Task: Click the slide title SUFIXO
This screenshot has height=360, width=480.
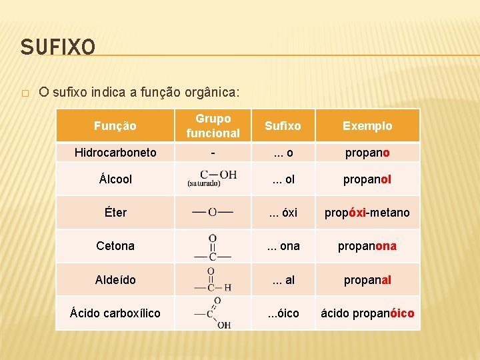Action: (x=58, y=47)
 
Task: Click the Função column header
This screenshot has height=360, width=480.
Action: (x=115, y=125)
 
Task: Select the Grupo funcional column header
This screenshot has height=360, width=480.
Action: (x=213, y=125)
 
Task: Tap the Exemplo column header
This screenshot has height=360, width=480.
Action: (x=367, y=125)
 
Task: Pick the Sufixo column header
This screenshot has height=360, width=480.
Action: (x=283, y=125)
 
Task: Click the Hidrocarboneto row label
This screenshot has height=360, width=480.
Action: (x=115, y=152)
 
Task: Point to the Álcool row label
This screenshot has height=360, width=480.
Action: (x=115, y=179)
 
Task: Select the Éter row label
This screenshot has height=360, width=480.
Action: (x=115, y=212)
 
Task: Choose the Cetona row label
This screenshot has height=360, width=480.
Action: (x=115, y=245)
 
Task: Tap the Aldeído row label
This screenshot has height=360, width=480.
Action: (x=115, y=279)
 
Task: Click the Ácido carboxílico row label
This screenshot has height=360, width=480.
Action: (x=115, y=313)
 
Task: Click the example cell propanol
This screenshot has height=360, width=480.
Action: (x=367, y=179)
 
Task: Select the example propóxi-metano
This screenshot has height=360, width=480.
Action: (x=367, y=212)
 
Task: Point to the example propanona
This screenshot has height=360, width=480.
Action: (x=367, y=245)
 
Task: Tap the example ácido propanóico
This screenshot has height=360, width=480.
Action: (x=367, y=313)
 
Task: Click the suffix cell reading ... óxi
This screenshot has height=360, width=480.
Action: (x=283, y=212)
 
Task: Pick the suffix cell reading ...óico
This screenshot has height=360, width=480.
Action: (x=283, y=313)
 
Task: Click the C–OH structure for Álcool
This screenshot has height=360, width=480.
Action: (x=213, y=177)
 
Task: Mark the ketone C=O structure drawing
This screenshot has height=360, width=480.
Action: (x=213, y=246)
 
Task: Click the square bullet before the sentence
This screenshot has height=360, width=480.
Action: (x=25, y=93)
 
